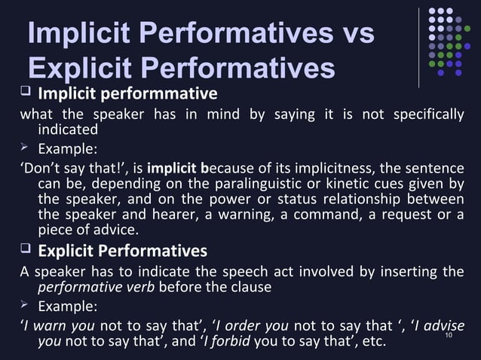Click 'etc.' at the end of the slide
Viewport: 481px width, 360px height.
click(370, 342)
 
